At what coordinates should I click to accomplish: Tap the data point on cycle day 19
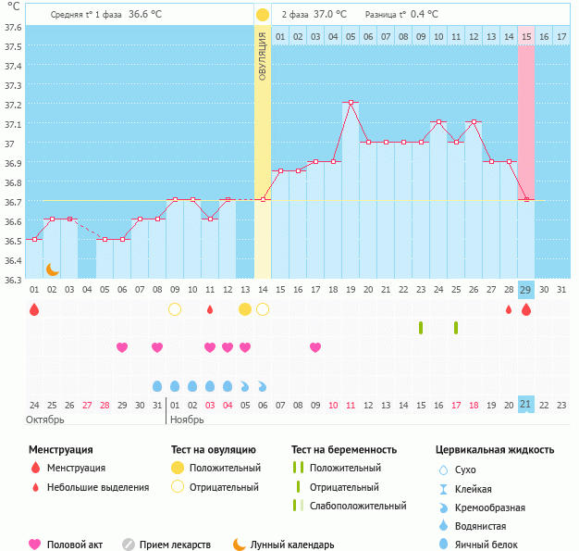[x=351, y=103]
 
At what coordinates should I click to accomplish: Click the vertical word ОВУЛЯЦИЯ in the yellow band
[x=263, y=56]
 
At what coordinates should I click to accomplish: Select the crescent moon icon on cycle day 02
[x=53, y=269]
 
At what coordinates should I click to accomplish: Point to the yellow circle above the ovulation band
[x=263, y=15]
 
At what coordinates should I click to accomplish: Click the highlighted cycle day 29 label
[x=525, y=290]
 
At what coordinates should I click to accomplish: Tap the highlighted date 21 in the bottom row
[x=525, y=405]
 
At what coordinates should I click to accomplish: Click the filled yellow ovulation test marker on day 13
[x=245, y=308]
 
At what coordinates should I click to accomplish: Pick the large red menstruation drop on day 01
[x=34, y=309]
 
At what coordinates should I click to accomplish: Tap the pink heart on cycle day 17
[x=315, y=347]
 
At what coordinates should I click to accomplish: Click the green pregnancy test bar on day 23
[x=421, y=327]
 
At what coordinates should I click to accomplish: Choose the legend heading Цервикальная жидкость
[x=495, y=450]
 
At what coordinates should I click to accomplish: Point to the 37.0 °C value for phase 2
[x=330, y=15]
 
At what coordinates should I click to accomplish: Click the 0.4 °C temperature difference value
[x=424, y=15]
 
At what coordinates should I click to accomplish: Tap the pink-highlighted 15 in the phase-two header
[x=525, y=36]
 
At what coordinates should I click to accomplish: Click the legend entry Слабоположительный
[x=358, y=506]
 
